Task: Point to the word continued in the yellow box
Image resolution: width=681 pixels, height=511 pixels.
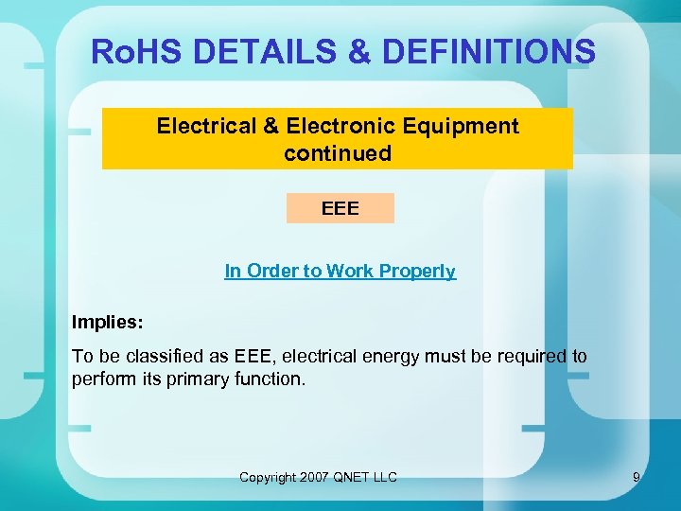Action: (x=338, y=153)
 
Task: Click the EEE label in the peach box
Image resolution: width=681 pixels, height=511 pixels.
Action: (x=340, y=208)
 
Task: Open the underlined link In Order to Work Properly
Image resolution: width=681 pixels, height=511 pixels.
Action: (x=340, y=272)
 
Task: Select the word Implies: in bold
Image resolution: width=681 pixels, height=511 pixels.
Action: (x=108, y=322)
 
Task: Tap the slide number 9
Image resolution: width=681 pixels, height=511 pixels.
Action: (x=637, y=477)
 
